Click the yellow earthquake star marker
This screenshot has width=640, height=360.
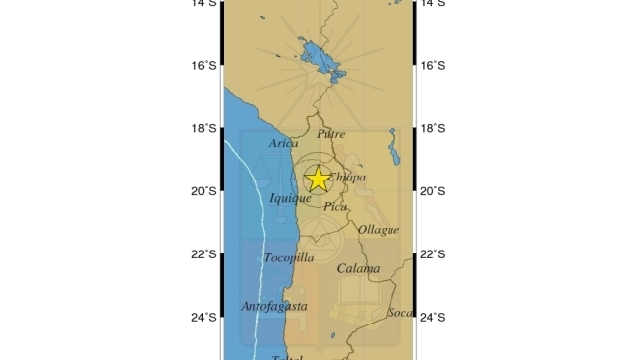[318, 179]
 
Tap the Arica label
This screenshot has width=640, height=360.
[283, 144]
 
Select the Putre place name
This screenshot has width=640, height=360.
[331, 133]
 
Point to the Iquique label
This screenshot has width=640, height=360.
[291, 198]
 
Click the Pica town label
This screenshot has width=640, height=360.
[335, 207]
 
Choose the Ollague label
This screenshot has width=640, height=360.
[379, 230]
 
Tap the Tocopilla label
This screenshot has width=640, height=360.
[289, 258]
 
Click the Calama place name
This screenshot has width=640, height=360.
[357, 268]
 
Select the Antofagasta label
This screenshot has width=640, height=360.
[274, 307]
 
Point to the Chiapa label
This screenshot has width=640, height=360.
[347, 178]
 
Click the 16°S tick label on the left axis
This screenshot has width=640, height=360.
[204, 65]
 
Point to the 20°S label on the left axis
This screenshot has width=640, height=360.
[204, 191]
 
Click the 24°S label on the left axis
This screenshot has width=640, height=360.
[204, 318]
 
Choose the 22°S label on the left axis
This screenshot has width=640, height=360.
[204, 254]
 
